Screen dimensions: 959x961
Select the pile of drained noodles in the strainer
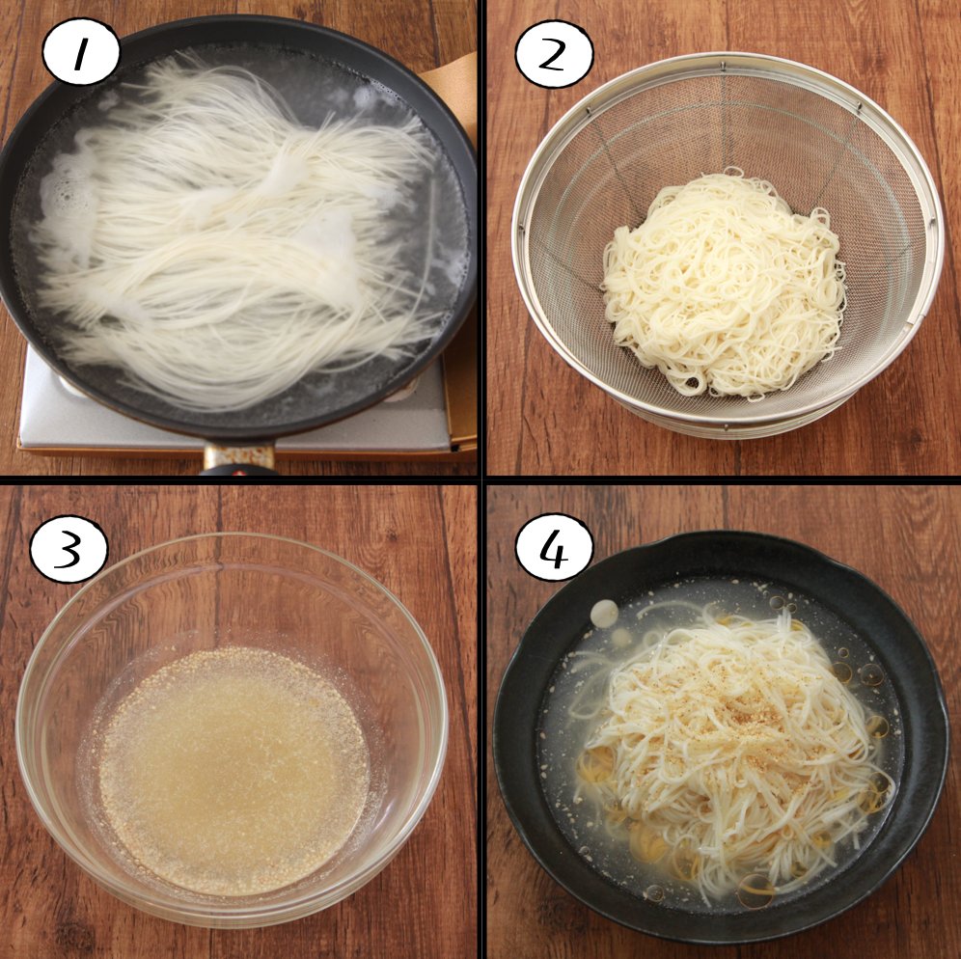[x=724, y=285]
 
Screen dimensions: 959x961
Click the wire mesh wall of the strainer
[x=868, y=241]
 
